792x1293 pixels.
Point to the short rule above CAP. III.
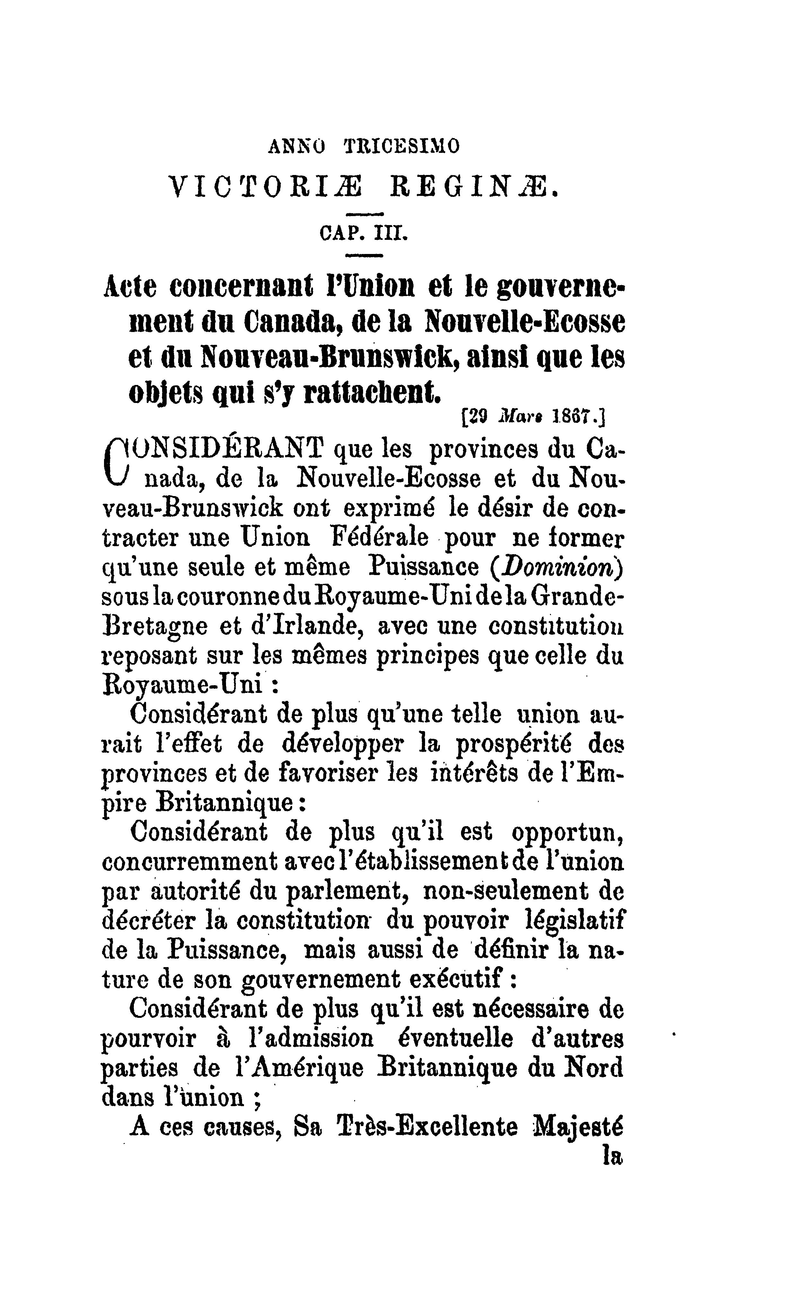(x=365, y=214)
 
